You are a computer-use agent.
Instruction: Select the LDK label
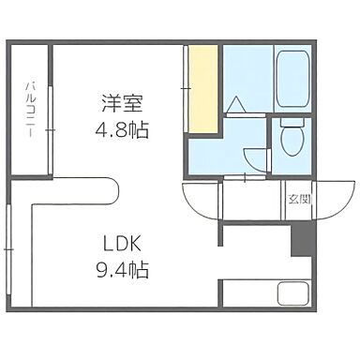123,243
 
